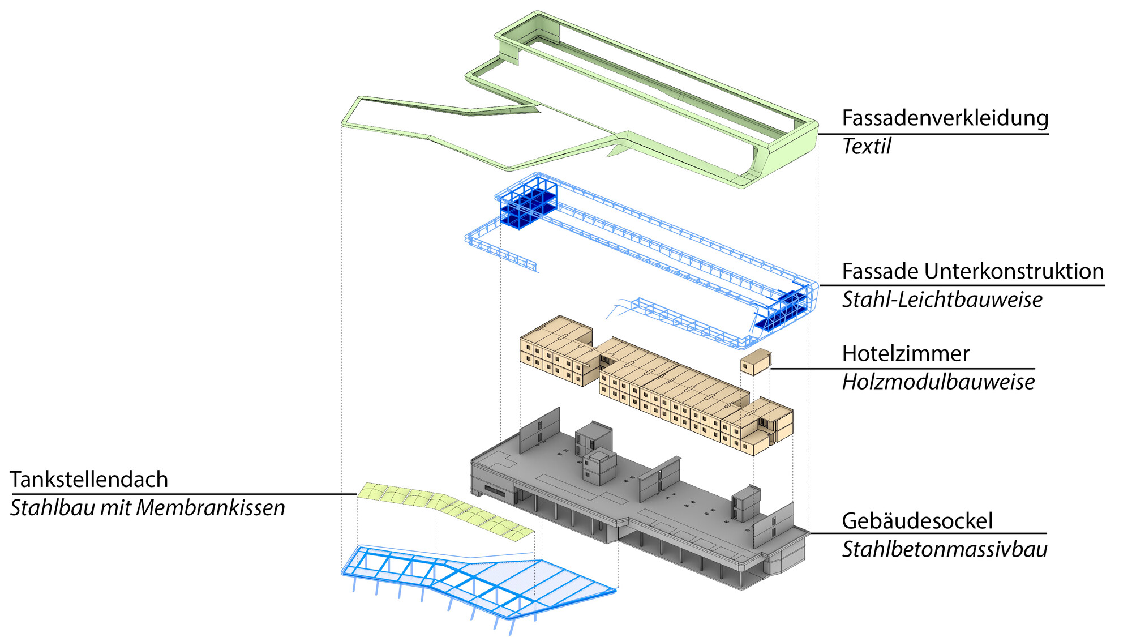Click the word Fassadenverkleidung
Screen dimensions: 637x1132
point(945,118)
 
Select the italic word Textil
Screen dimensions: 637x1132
point(866,147)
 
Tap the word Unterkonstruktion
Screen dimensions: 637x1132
point(1014,272)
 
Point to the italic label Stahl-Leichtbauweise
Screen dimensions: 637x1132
point(942,300)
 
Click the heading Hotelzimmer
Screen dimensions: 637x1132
point(906,354)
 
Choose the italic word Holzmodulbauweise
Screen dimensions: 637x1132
point(938,382)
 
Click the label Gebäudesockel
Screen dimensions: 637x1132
point(917,521)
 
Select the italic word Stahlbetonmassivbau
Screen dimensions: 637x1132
point(944,550)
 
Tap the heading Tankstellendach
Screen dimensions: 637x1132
point(89,480)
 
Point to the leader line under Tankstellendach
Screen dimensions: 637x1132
point(181,494)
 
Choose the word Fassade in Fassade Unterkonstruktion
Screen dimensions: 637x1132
point(880,272)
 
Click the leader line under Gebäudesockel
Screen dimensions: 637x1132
point(928,533)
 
